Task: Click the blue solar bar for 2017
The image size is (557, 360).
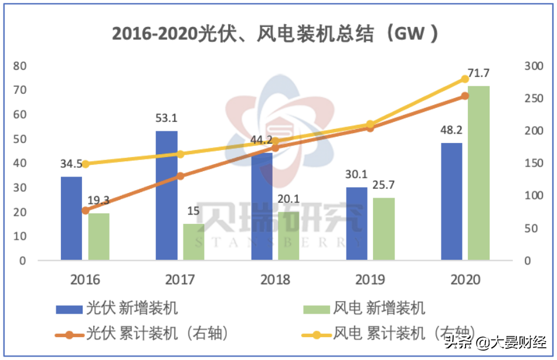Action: [x=167, y=195]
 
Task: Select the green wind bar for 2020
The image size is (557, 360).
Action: [x=478, y=173]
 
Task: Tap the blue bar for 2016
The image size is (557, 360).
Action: [x=72, y=218]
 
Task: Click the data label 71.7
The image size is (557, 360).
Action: [x=478, y=74]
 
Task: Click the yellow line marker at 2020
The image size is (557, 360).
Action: [x=464, y=79]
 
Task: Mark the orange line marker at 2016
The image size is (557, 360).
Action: [x=86, y=210]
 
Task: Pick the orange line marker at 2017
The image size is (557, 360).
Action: [x=180, y=176]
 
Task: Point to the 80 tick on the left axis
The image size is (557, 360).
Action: [x=20, y=66]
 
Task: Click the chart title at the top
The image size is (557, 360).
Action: [x=276, y=34]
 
